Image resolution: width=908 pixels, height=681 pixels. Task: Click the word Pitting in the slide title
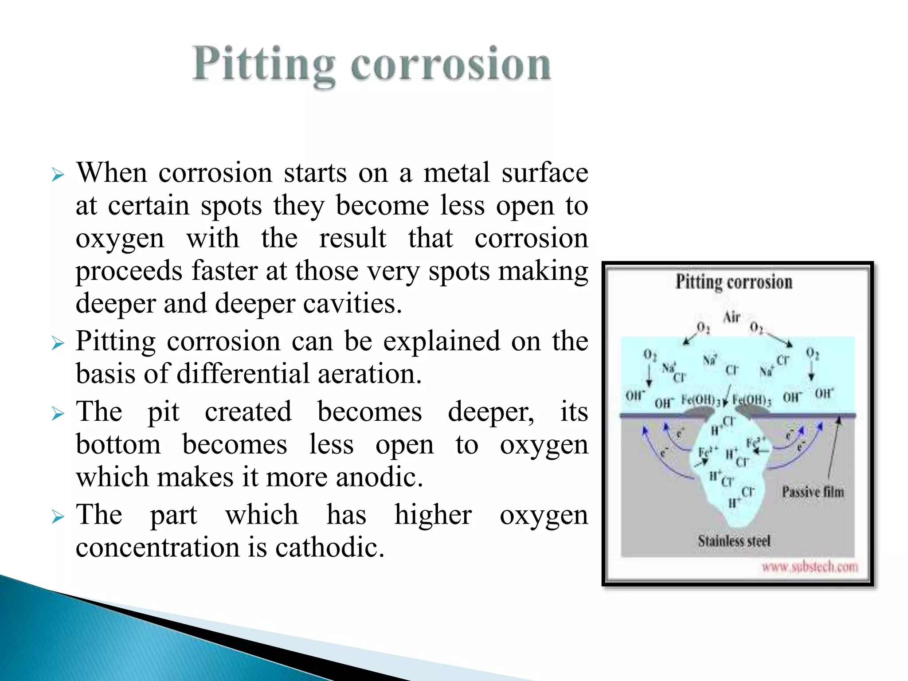(263, 65)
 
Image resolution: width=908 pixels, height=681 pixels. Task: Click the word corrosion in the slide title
(451, 65)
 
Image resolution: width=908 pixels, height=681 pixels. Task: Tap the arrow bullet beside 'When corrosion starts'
(58, 175)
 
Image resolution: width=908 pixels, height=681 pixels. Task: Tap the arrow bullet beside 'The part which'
(58, 517)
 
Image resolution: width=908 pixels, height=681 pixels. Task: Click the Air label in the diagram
(732, 317)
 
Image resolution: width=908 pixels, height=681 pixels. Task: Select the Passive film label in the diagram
(813, 492)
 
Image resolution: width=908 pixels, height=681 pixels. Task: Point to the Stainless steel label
(734, 541)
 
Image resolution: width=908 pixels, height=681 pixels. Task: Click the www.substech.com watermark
(810, 567)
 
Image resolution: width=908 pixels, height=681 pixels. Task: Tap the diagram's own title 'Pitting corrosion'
(734, 282)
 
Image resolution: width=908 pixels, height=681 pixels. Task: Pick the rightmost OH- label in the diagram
(824, 393)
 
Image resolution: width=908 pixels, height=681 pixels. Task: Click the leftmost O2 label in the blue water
(650, 355)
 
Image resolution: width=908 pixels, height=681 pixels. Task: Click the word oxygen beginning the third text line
(120, 239)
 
